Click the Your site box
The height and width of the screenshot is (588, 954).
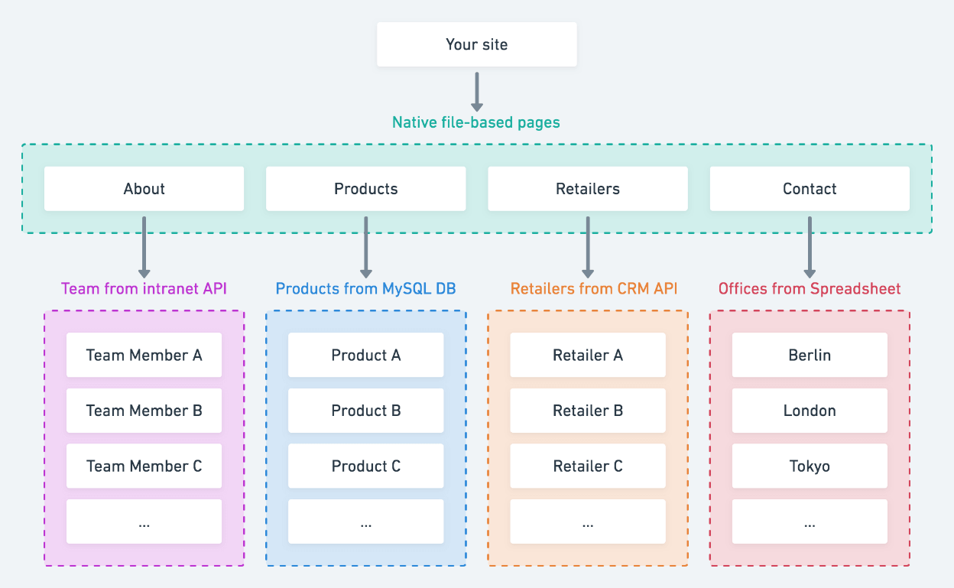476,44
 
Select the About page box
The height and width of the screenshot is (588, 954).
144,188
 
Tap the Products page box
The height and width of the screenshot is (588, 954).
366,188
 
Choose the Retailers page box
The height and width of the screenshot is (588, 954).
588,188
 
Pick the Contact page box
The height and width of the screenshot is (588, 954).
810,188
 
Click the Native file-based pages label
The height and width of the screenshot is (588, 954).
475,122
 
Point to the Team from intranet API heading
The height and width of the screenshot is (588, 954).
144,288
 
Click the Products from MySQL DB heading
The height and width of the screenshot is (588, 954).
366,288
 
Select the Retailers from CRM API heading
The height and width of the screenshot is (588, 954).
594,288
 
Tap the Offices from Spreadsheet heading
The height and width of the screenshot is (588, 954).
810,288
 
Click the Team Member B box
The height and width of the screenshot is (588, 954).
144,411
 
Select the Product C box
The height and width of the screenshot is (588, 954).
366,466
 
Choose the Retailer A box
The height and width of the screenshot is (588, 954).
588,355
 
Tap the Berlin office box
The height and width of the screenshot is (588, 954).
810,355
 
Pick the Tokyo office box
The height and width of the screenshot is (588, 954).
810,466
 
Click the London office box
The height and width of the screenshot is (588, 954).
810,411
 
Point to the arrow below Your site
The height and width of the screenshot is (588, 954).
476,92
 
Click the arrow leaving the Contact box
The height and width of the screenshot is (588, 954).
810,247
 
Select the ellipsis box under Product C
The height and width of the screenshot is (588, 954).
366,521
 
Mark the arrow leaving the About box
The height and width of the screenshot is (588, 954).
144,247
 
